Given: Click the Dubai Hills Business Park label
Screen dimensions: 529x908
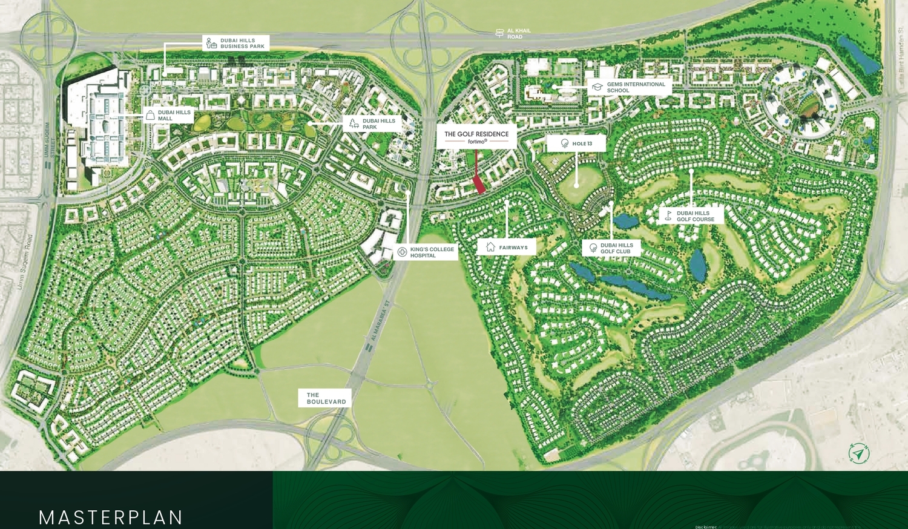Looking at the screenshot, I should coord(235,43).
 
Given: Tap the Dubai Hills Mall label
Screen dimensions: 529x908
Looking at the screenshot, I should coord(168,115).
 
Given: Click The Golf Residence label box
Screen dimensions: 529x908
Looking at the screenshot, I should coord(476,137).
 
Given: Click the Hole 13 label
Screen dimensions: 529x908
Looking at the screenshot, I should coord(576,143).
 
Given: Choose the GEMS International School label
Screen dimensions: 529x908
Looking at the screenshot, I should coord(630,87).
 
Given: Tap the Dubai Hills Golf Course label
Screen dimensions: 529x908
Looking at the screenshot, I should coord(691,216).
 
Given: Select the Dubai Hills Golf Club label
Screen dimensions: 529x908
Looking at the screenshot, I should coord(611,248).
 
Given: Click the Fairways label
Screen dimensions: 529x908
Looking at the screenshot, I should coord(507,247).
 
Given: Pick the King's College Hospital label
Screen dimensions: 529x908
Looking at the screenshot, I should coord(426,252).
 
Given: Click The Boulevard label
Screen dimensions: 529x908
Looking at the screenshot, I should coord(325,398).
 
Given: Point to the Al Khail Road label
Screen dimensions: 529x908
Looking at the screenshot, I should coord(513,33).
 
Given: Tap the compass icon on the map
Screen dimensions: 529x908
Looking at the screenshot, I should coord(859,453).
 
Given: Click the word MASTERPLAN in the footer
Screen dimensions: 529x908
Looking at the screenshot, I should coord(111,517).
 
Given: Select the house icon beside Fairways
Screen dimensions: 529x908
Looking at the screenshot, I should coord(490,247).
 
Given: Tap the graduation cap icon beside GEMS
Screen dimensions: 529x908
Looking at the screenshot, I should coord(597,87).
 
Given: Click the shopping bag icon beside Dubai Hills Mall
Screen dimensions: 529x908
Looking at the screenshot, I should coord(150,115).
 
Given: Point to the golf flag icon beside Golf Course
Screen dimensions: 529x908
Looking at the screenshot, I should coord(668,216).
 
